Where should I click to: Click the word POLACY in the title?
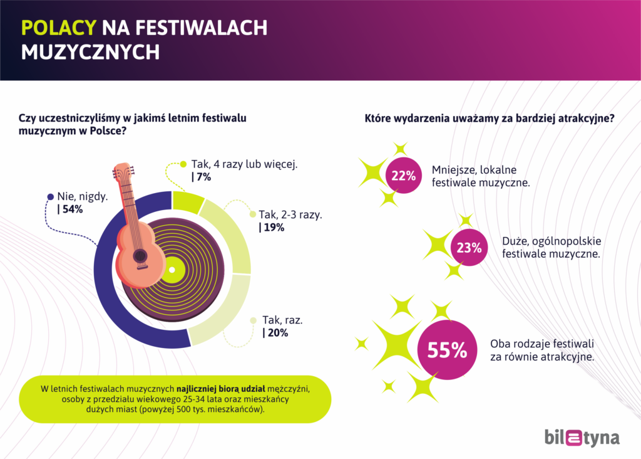click(x=59, y=28)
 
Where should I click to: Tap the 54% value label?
click(x=70, y=209)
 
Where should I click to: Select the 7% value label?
click(x=202, y=177)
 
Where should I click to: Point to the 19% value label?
click(x=272, y=228)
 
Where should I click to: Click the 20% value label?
click(x=275, y=333)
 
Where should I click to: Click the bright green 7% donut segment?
click(x=187, y=202)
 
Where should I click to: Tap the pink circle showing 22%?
click(x=403, y=176)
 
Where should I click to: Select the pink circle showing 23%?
click(x=469, y=248)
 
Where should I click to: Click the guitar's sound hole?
click(x=141, y=255)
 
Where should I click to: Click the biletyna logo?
click(x=582, y=437)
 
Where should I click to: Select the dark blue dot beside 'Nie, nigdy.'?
click(x=51, y=196)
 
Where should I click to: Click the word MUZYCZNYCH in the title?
click(x=90, y=53)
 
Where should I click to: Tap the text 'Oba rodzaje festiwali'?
click(x=542, y=344)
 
